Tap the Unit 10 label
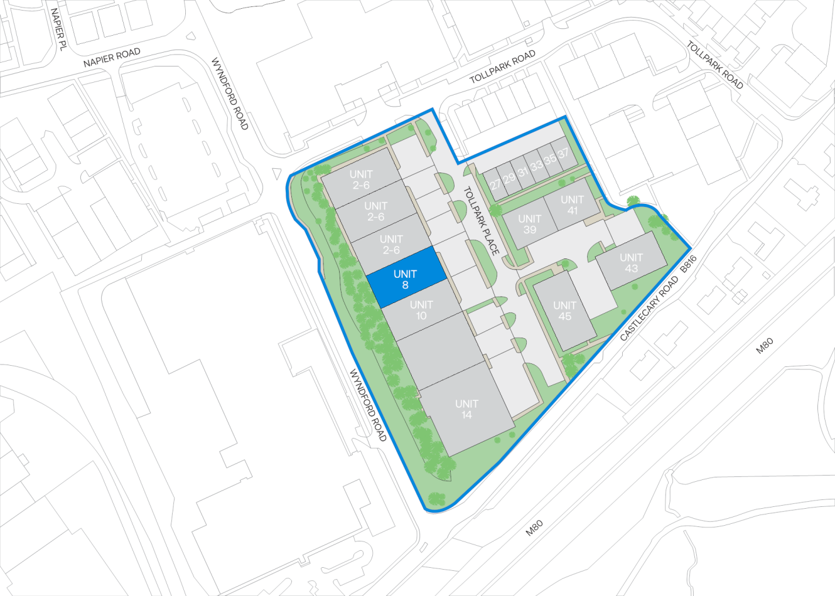pyautogui.click(x=421, y=310)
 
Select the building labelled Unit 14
pyautogui.click(x=466, y=409)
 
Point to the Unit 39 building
pyautogui.click(x=529, y=224)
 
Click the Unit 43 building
pyautogui.click(x=631, y=263)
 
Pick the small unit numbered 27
pyautogui.click(x=495, y=184)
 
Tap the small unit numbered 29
pyautogui.click(x=509, y=178)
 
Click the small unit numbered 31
pyautogui.click(x=522, y=172)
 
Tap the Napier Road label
pyautogui.click(x=112, y=58)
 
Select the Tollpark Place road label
pyautogui.click(x=481, y=221)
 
